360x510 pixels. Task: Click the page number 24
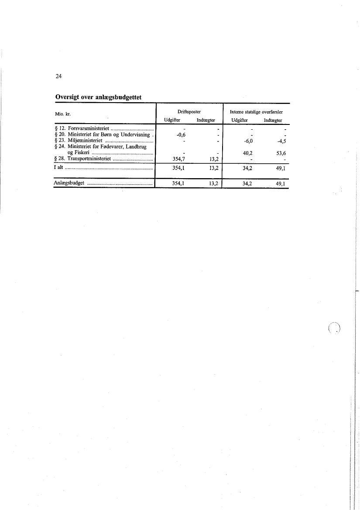(x=58, y=77)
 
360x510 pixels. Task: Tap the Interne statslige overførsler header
(x=256, y=112)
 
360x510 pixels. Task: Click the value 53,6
(x=281, y=153)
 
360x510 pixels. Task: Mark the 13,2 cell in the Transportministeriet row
(x=213, y=159)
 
